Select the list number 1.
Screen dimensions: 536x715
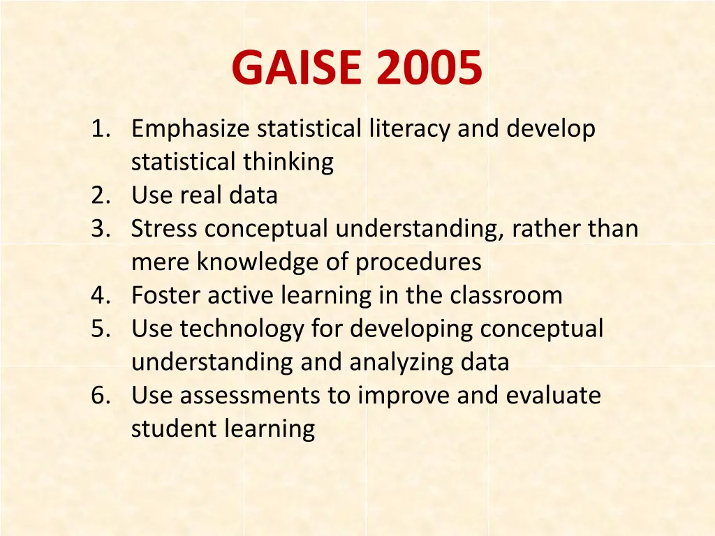101,129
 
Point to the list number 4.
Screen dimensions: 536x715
101,295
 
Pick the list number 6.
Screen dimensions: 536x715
101,396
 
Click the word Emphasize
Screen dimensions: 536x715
191,130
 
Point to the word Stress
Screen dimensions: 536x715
165,229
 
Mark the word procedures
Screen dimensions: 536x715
418,262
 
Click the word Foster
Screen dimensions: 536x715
168,295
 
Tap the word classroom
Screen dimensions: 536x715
506,295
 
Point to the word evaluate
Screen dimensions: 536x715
553,396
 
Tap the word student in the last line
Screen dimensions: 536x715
174,429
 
